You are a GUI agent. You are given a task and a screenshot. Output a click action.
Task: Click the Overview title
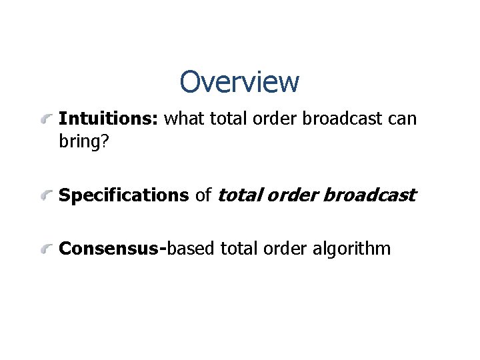click(239, 82)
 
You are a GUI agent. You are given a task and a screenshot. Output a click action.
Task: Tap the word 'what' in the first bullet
click(184, 119)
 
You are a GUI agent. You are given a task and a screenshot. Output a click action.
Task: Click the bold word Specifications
click(124, 195)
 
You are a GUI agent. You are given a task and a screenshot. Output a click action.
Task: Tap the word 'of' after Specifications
click(203, 195)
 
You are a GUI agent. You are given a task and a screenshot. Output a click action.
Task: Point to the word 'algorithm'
click(351, 249)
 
